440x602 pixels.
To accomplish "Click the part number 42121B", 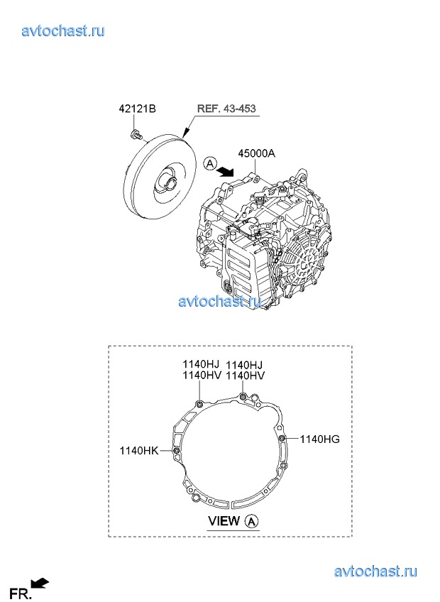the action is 137,109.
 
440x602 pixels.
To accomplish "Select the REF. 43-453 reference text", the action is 226,109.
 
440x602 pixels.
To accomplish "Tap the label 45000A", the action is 256,153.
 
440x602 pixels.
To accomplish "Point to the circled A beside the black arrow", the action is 209,163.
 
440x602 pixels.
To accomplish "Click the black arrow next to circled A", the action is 224,170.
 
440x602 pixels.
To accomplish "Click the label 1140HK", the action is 138,450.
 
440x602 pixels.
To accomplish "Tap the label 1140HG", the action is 319,439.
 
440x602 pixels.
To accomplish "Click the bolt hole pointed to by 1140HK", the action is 176,450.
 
